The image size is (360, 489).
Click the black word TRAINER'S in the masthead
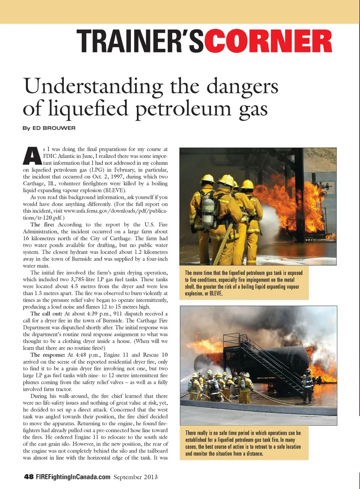pos(140,41)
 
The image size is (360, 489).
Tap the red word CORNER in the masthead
pos(268,41)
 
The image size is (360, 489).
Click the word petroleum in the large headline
pos(183,109)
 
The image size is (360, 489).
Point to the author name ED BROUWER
pos(54,128)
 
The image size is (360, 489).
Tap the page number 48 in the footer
pos(29,477)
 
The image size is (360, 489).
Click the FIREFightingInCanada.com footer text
pos(73,477)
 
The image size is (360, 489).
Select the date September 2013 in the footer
pos(135,477)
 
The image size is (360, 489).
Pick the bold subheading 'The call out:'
pos(46,314)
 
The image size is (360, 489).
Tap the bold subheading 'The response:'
pos(48,355)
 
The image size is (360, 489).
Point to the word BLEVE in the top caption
pos(216,294)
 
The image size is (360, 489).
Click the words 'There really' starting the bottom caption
pos(196,433)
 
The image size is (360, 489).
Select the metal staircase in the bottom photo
pos(274,360)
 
